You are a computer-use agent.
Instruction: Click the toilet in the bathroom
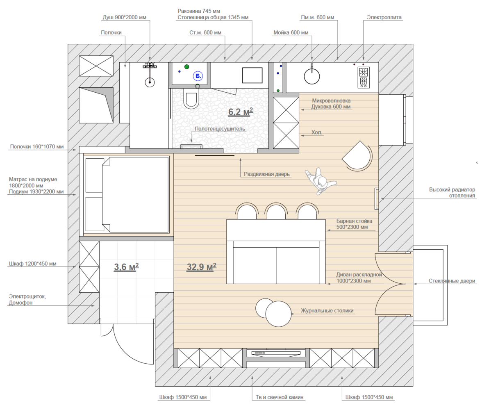coord(191,98)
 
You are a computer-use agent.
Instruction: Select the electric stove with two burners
coord(363,77)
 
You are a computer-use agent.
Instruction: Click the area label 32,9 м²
coord(201,267)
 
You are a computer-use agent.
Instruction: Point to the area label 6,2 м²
coord(240,112)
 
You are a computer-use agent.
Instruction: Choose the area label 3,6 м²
coord(126,266)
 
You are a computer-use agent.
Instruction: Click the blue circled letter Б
coord(198,76)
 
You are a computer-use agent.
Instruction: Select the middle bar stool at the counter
coord(276,211)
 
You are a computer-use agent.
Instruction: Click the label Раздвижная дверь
coord(267,174)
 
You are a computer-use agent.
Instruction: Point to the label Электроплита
coord(384,18)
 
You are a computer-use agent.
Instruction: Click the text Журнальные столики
coord(327,311)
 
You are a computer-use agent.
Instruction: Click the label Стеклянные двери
coord(452,281)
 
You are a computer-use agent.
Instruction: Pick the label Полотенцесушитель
coord(220,129)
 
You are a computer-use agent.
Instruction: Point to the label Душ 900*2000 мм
coord(125,18)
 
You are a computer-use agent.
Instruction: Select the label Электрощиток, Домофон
coord(27,300)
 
